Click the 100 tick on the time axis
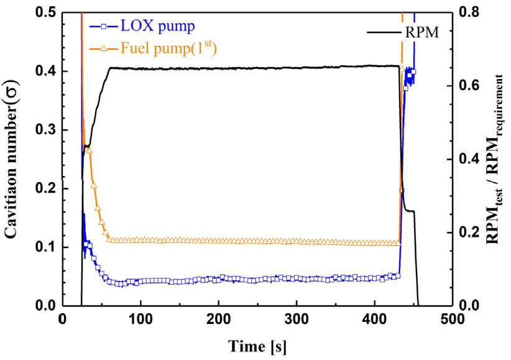[x=140, y=320]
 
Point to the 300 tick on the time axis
[x=297, y=320]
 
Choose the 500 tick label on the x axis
[x=452, y=320]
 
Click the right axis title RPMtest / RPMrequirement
[x=497, y=159]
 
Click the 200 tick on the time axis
[x=218, y=320]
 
